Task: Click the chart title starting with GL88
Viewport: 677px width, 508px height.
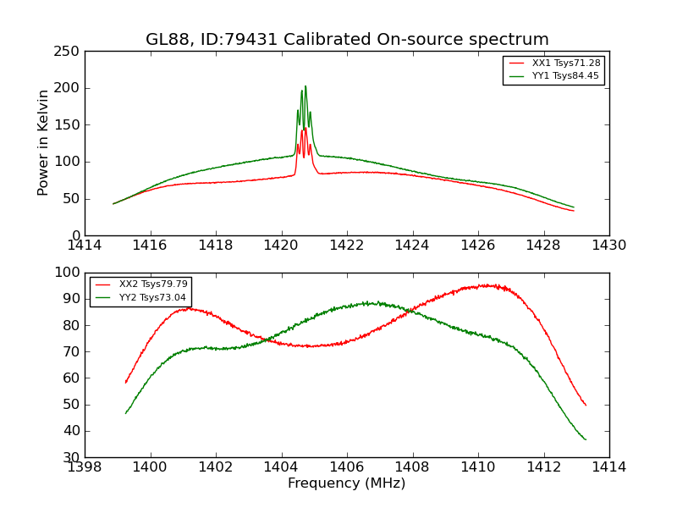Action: click(347, 40)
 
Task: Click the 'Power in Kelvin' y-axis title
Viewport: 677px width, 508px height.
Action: click(43, 143)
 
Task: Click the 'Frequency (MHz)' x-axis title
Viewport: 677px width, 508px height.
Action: click(347, 483)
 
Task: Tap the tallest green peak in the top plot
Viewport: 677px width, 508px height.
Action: click(305, 86)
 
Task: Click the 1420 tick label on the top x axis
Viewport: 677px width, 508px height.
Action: click(282, 246)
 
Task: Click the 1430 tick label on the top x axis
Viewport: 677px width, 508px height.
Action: click(609, 246)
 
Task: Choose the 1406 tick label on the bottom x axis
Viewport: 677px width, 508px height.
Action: click(347, 467)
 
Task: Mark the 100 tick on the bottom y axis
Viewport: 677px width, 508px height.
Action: click(69, 273)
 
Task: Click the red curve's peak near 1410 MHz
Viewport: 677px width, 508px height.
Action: click(489, 284)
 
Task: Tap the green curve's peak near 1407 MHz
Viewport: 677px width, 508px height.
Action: click(369, 302)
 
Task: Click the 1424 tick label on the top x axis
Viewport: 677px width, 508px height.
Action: click(413, 246)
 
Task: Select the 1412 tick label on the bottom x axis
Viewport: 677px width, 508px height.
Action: click(543, 467)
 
